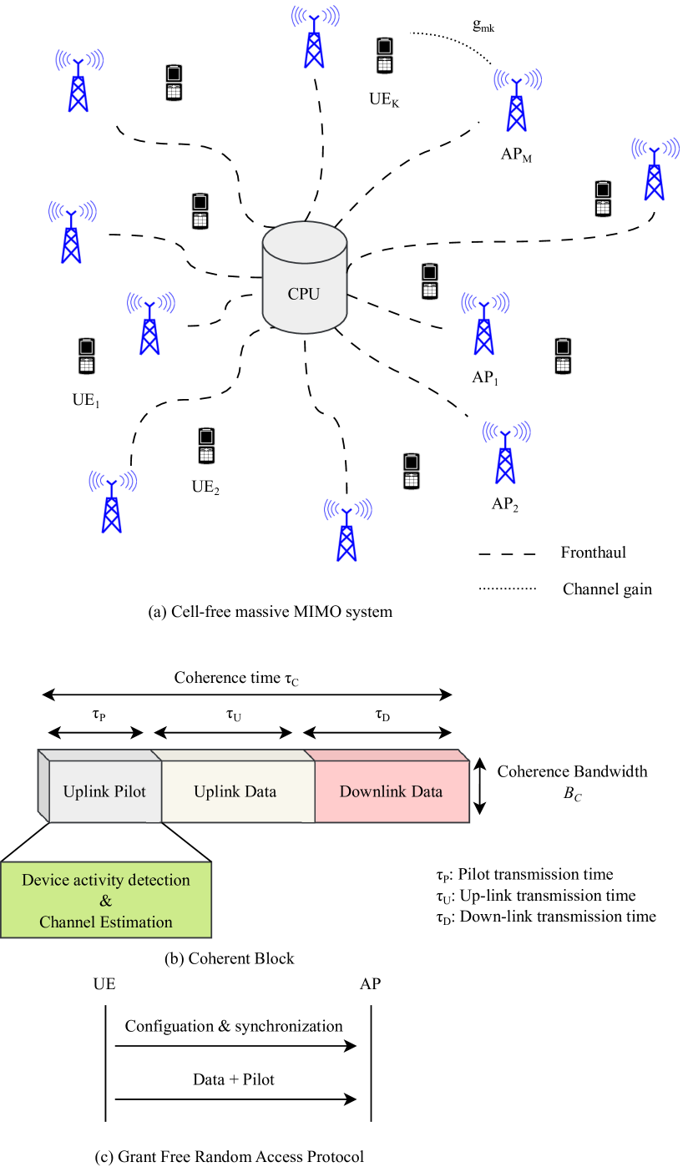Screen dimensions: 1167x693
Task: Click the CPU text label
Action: [x=304, y=294]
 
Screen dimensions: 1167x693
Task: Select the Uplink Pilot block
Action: [x=104, y=791]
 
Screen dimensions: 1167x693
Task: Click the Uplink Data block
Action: [x=235, y=791]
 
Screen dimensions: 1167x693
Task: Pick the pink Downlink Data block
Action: [x=391, y=791]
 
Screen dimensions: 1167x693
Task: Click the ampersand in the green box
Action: [x=106, y=901]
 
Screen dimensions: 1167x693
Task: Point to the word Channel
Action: [x=67, y=922]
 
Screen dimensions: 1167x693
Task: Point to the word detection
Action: [x=157, y=880]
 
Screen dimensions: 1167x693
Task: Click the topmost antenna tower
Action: [x=313, y=39]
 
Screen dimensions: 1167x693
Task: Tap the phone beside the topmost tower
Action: [x=384, y=55]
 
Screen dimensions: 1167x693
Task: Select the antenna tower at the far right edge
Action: [x=654, y=170]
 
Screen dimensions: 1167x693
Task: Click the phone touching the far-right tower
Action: [x=603, y=198]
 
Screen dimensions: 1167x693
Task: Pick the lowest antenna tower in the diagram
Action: [x=346, y=532]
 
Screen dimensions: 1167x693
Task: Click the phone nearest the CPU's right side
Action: [x=429, y=280]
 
